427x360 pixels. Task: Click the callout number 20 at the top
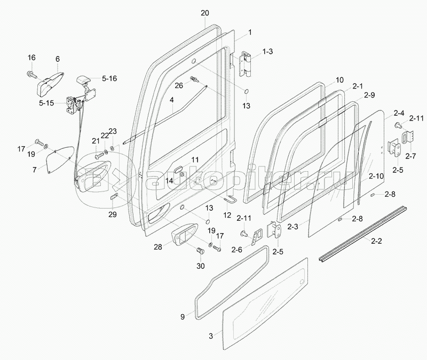(205, 13)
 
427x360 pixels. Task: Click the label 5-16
(109, 78)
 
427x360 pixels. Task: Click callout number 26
(179, 85)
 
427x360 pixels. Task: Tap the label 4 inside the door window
(171, 100)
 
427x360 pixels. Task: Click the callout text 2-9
(369, 95)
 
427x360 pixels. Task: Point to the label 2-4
(399, 113)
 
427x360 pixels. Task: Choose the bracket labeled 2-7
(410, 138)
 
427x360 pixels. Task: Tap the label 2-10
(376, 176)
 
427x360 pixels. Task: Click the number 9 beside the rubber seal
(183, 317)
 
